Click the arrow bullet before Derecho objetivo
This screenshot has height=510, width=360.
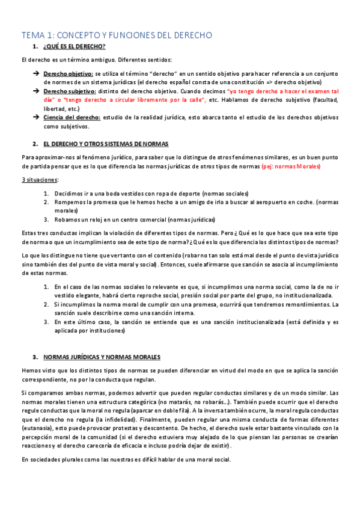tap(36, 73)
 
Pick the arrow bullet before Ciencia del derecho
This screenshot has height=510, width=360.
tap(36, 117)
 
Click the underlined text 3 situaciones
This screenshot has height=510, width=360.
tap(40, 180)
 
